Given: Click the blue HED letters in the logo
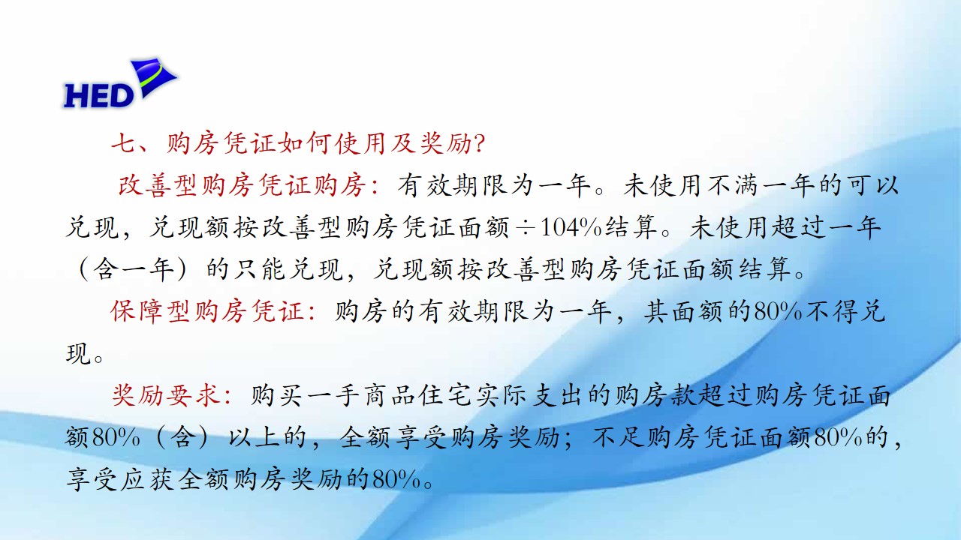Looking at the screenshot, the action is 98,95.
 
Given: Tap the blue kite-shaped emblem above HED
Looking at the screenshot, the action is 155,76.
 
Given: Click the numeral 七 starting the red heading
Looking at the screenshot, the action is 125,143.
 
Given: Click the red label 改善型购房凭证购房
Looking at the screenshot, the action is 242,185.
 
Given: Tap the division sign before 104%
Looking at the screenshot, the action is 525,228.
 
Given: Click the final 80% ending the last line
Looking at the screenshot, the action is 396,479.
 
